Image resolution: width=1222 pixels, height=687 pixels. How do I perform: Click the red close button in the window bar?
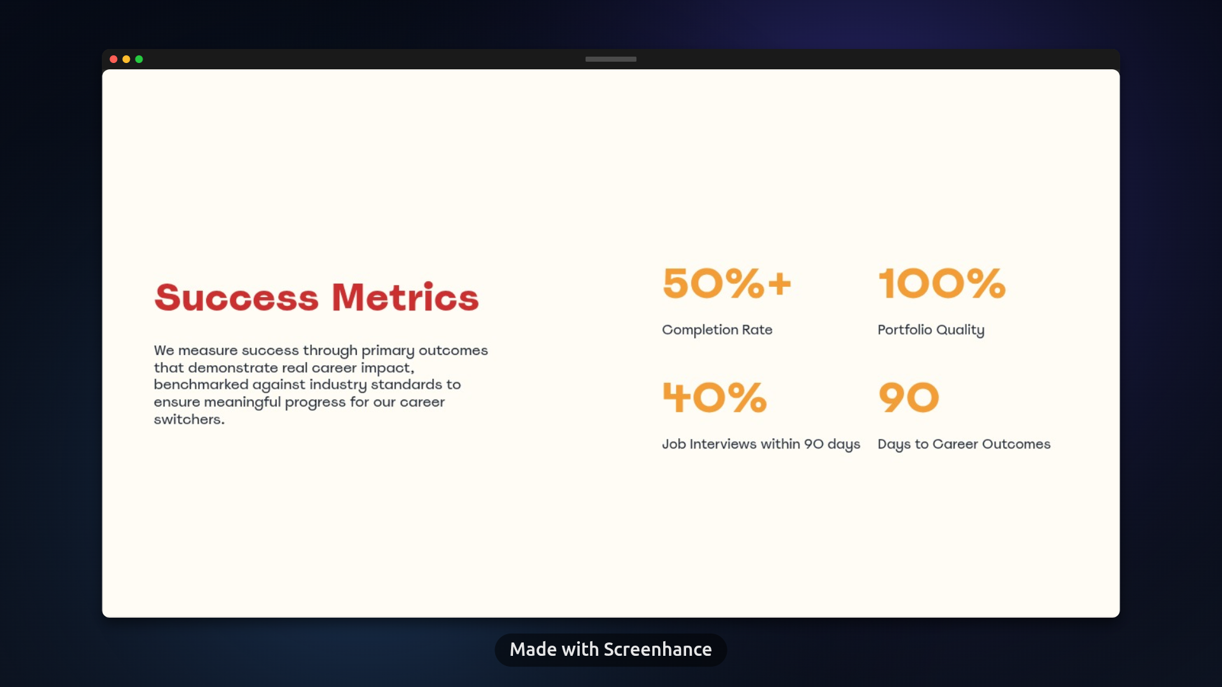pos(113,59)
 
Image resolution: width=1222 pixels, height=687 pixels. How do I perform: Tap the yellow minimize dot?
pos(126,59)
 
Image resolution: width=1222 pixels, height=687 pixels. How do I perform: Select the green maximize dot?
pos(139,59)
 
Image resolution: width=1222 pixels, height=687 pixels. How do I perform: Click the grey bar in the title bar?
pos(611,59)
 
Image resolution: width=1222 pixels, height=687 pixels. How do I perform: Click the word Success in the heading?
pos(236,297)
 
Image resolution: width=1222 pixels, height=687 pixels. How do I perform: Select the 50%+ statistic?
pos(727,283)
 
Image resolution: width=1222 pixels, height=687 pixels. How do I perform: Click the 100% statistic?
pos(942,283)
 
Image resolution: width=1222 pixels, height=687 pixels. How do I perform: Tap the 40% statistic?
pos(715,398)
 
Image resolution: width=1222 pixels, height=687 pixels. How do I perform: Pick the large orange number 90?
pos(909,398)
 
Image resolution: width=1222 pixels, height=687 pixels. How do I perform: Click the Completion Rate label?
pos(717,330)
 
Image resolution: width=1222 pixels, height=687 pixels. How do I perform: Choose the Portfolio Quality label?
pos(931,330)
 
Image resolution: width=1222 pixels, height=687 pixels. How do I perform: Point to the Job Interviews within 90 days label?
pos(761,445)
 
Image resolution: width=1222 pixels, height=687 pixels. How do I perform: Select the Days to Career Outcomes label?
pos(964,445)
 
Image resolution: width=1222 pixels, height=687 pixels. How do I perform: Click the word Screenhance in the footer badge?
pos(657,649)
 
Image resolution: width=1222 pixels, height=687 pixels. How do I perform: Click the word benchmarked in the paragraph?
pos(201,384)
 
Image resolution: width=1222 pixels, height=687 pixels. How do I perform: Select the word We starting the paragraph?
pos(164,350)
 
